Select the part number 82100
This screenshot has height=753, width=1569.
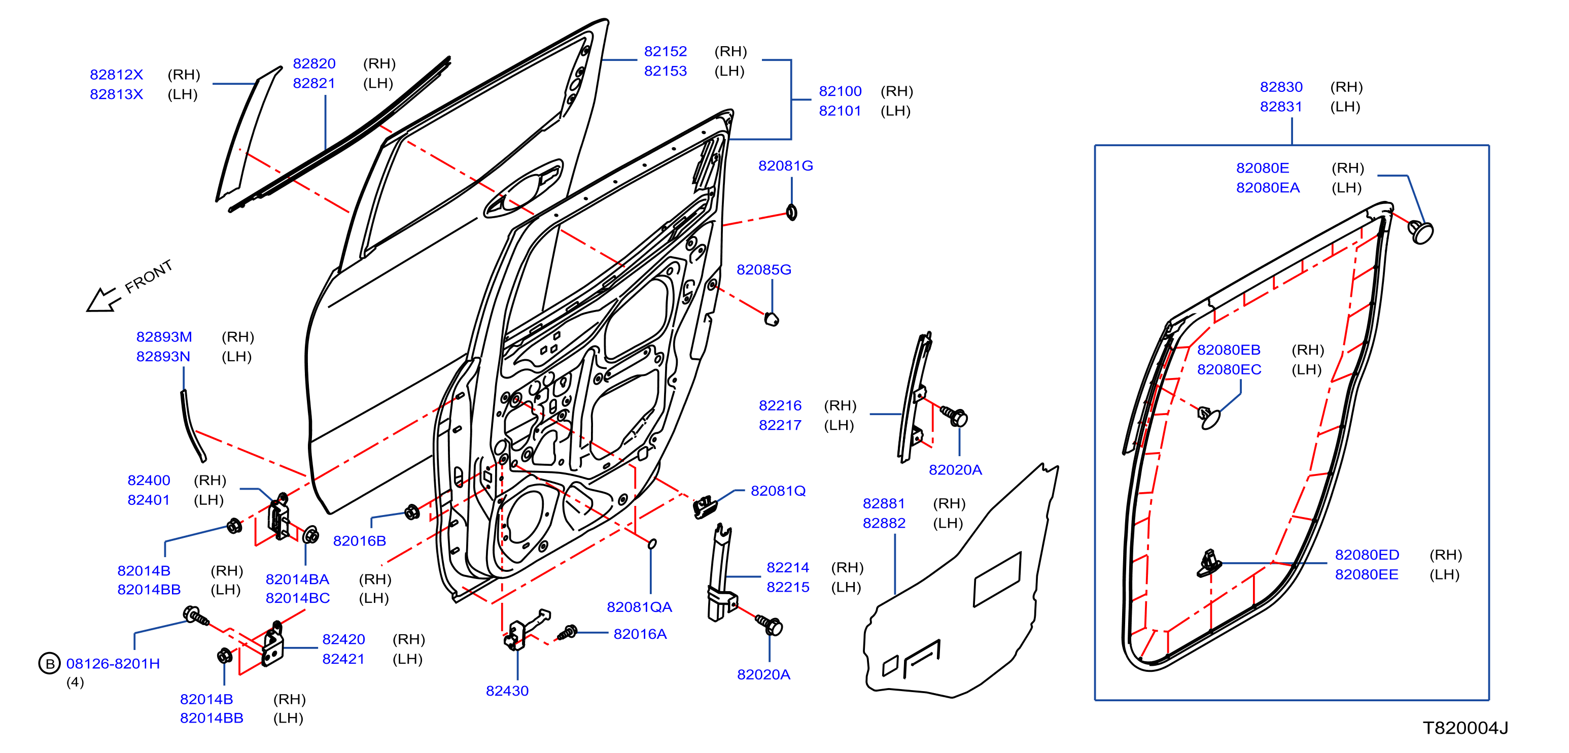pos(840,91)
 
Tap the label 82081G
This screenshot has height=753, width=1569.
pos(785,166)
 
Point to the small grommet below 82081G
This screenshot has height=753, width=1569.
pos(791,212)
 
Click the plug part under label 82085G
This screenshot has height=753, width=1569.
pos(771,319)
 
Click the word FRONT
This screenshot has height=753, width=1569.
pos(149,276)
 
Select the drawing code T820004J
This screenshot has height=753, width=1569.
pos(1465,728)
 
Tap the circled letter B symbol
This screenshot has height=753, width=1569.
pos(49,664)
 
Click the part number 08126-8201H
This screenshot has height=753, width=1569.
pos(113,664)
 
